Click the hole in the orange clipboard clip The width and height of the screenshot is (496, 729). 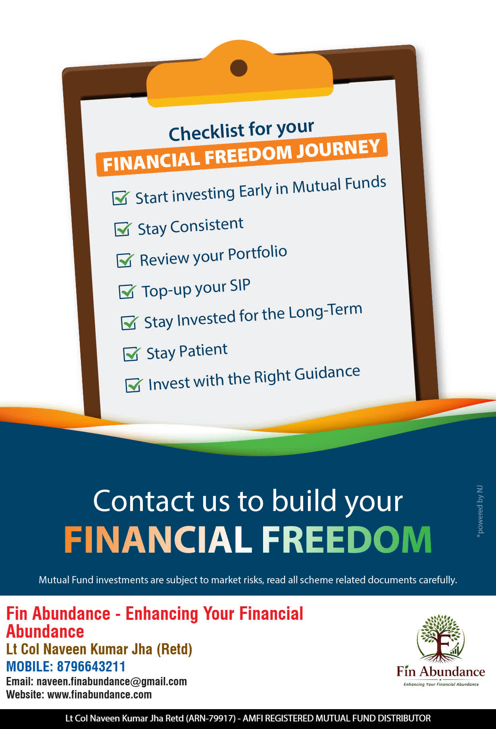[238, 68]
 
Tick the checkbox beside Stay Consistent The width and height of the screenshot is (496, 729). [123, 229]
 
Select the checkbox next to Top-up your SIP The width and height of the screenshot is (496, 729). [127, 291]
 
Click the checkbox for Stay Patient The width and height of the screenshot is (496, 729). [132, 354]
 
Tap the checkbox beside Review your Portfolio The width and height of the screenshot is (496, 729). [125, 260]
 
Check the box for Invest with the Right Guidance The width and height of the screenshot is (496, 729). [134, 385]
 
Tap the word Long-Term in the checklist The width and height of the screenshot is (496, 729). [325, 311]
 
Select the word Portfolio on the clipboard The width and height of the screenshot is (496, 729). [258, 253]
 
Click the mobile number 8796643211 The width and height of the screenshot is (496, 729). [91, 666]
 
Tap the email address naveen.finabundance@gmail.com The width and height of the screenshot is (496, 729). [112, 681]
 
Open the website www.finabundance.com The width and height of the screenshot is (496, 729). [100, 694]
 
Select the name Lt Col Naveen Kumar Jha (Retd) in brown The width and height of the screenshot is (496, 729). [99, 649]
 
